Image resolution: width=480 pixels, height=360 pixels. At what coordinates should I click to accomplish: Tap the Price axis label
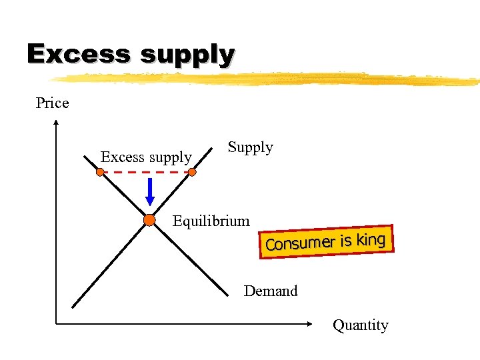[x=52, y=103]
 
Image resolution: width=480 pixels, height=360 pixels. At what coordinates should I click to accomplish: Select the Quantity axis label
[x=360, y=325]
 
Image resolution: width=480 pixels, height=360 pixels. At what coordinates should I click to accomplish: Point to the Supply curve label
[x=250, y=147]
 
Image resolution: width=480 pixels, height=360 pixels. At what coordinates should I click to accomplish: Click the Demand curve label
[x=271, y=291]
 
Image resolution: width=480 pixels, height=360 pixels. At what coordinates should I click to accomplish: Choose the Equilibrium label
[x=211, y=221]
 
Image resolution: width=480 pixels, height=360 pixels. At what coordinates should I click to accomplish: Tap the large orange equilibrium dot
[x=149, y=220]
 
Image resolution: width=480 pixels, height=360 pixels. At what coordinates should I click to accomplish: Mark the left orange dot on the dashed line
[x=99, y=172]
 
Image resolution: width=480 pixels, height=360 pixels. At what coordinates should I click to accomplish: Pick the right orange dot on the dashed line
[x=192, y=172]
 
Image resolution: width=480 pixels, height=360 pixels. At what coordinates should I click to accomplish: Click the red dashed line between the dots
[x=145, y=172]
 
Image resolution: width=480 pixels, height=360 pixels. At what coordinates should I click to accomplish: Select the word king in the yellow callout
[x=371, y=239]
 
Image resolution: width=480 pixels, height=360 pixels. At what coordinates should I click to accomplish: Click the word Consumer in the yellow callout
[x=299, y=243]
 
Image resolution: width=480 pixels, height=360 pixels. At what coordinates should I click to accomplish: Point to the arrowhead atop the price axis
[x=56, y=123]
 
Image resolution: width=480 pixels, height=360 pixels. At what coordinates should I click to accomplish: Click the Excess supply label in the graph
[x=146, y=157]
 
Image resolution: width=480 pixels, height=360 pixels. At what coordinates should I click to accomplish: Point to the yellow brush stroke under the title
[x=267, y=79]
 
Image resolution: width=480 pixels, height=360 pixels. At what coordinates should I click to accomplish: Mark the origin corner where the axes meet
[x=56, y=324]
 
